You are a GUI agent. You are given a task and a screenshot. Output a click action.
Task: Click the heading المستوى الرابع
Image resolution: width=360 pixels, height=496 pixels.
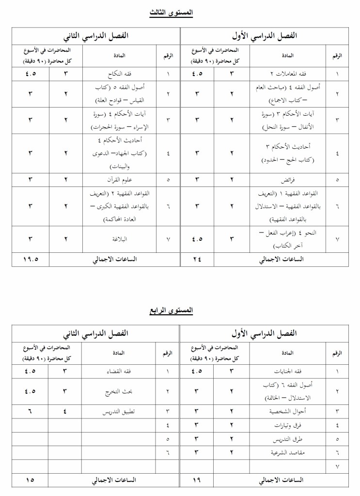pyautogui.click(x=171, y=310)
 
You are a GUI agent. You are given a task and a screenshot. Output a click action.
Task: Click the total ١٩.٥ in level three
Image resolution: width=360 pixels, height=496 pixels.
pyautogui.click(x=31, y=259)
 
